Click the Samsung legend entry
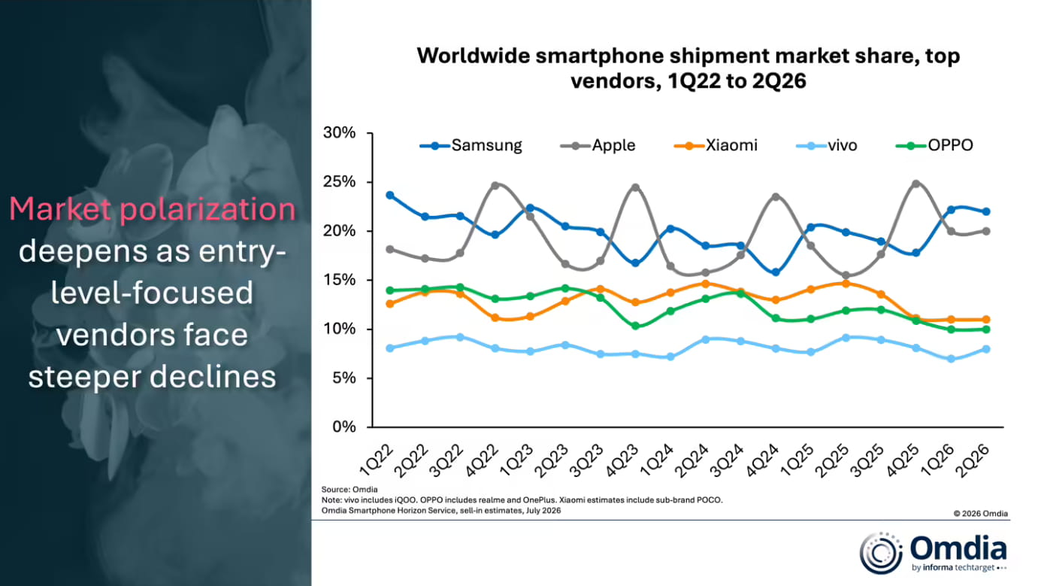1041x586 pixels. coord(471,146)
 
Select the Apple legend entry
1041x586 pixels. coord(598,146)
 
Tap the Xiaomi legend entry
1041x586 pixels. coord(716,146)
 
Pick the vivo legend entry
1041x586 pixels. coord(827,146)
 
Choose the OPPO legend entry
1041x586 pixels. coord(934,146)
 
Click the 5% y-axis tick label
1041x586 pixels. coord(344,378)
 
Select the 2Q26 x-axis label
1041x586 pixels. coord(972,460)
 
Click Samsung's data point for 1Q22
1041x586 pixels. coord(390,196)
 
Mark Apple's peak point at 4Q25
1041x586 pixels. coord(916,184)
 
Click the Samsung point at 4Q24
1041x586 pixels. coord(776,272)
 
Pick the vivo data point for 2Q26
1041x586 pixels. coord(986,349)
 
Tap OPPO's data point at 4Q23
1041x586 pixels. coord(635,326)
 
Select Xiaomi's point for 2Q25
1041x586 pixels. coord(846,284)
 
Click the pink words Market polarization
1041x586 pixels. coord(153,209)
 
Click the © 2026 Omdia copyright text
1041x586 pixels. coord(981,514)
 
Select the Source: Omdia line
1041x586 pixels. coord(350,489)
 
